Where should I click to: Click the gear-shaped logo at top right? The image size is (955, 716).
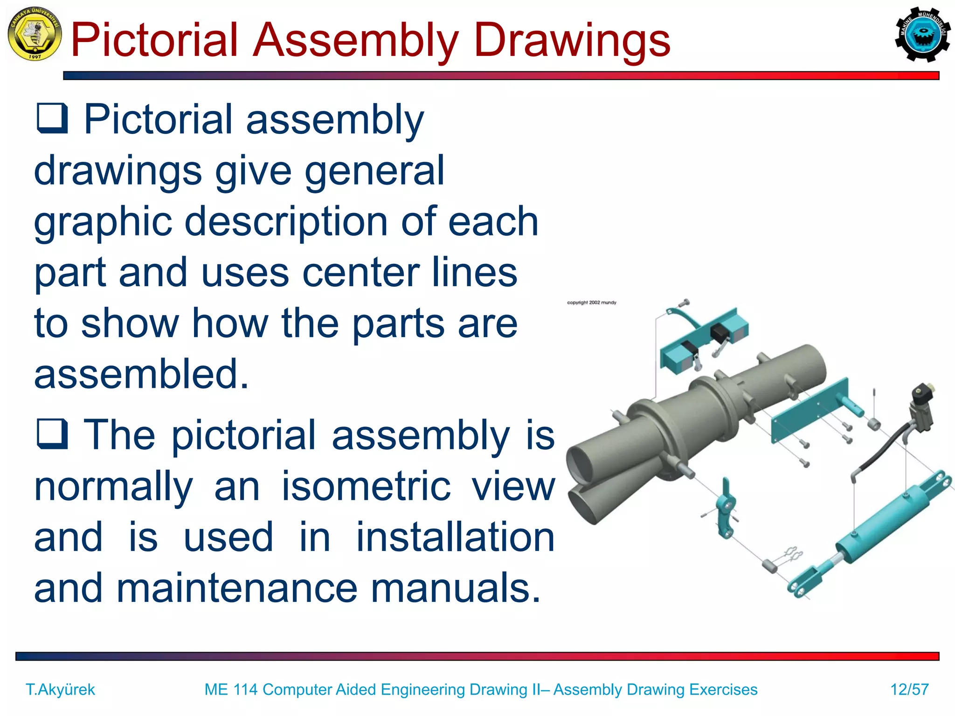pos(922,34)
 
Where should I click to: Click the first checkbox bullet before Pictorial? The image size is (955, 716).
pos(52,118)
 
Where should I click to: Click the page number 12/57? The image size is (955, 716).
pos(909,689)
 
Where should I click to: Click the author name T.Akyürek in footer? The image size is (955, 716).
pos(60,689)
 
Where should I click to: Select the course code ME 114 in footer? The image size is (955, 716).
pos(231,689)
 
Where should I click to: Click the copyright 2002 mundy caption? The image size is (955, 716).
pos(591,303)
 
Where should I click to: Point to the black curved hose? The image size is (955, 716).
pos(881,447)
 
